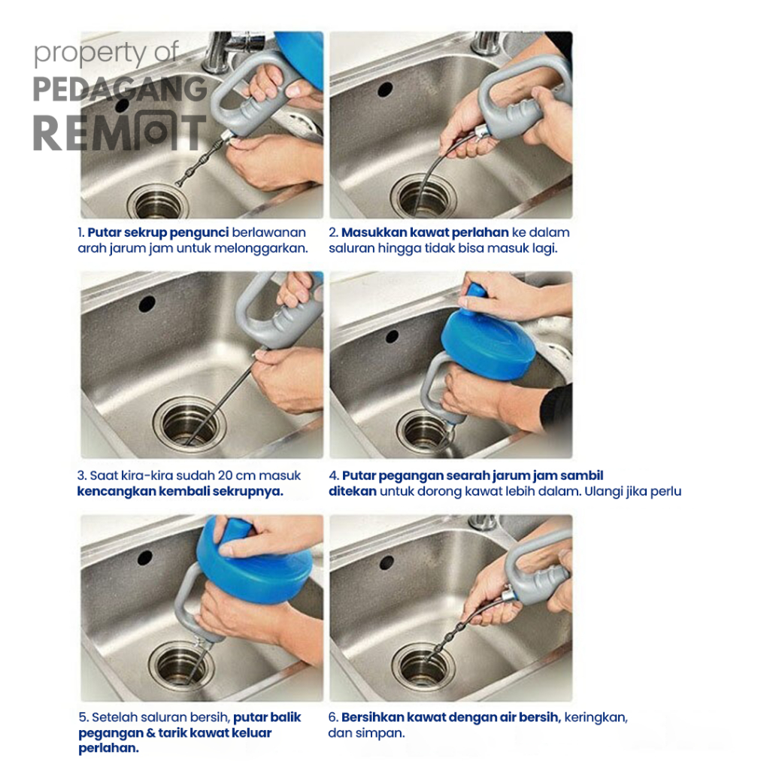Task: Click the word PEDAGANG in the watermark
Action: click(x=120, y=89)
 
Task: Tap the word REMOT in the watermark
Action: click(x=120, y=132)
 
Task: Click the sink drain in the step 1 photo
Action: click(x=158, y=201)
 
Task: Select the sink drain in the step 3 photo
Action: click(x=189, y=423)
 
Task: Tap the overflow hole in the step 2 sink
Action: click(x=385, y=89)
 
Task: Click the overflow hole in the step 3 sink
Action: click(x=147, y=304)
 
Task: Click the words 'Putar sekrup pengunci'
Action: click(x=158, y=232)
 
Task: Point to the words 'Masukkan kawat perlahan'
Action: click(x=425, y=232)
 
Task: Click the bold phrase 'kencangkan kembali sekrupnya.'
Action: click(x=180, y=491)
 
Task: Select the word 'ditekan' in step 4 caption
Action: click(x=353, y=491)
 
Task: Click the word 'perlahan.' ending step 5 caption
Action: click(x=108, y=748)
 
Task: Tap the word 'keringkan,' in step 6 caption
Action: click(x=596, y=717)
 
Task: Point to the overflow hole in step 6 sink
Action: click(x=387, y=562)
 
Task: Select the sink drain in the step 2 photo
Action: click(x=423, y=196)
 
